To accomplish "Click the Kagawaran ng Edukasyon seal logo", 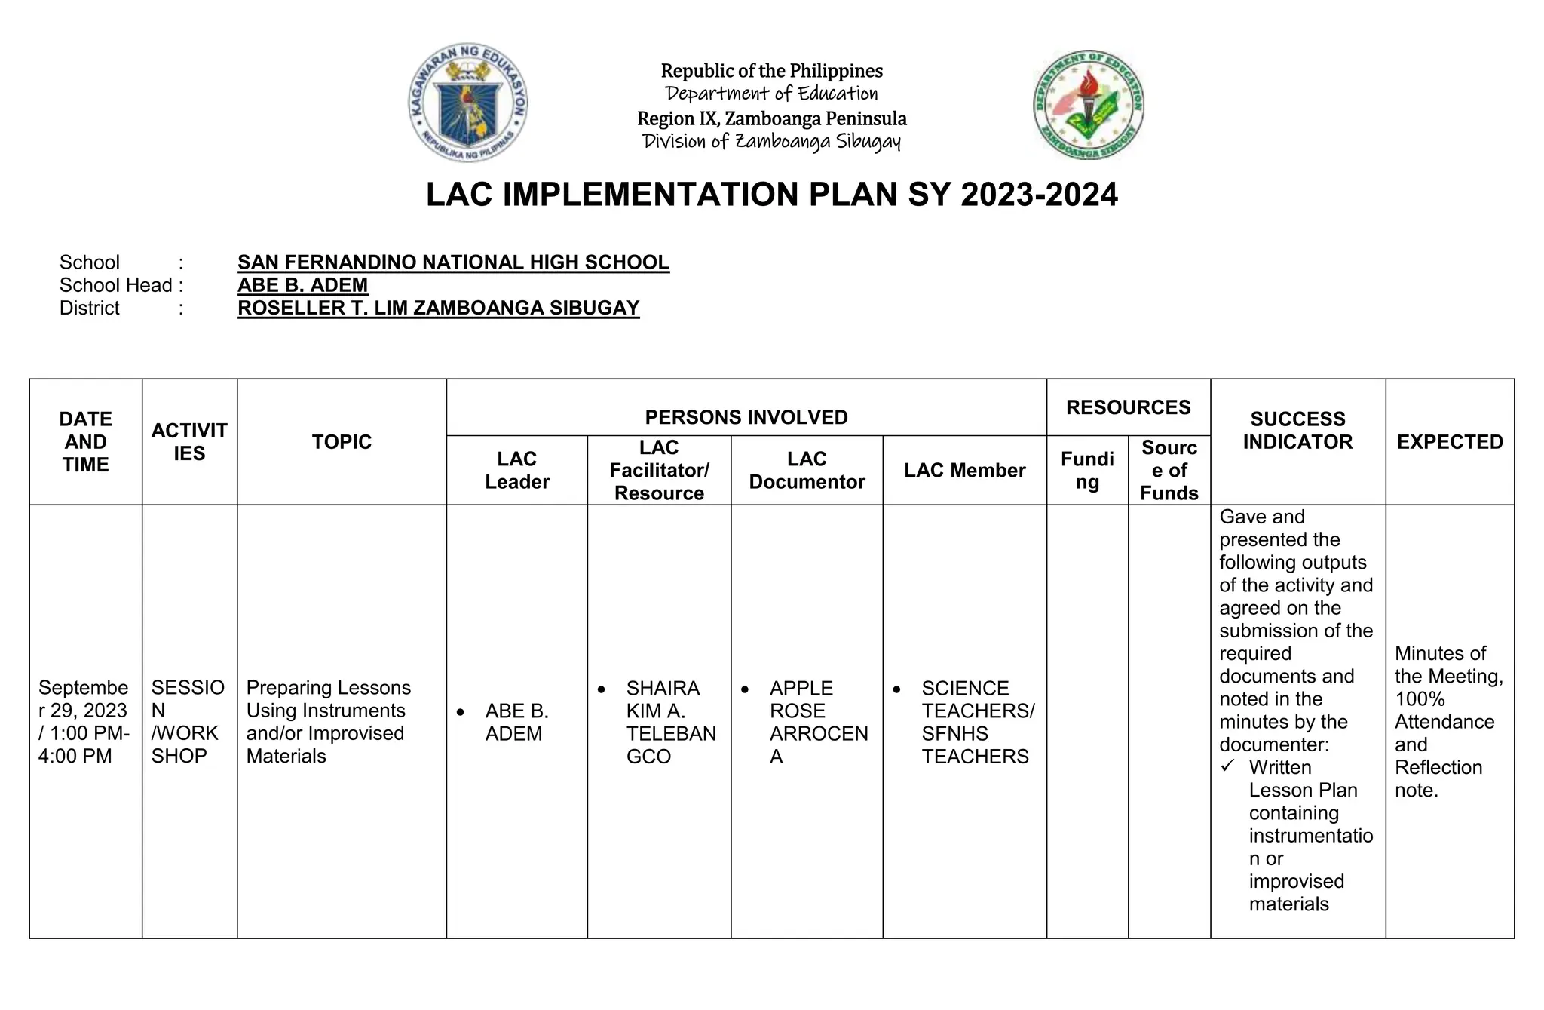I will click(x=467, y=102).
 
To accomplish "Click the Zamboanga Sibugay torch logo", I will click(x=1088, y=104).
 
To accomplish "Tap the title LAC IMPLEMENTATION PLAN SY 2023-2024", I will click(x=771, y=195).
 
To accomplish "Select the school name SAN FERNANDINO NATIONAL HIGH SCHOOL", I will click(x=453, y=262).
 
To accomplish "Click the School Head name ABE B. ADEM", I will click(x=302, y=285).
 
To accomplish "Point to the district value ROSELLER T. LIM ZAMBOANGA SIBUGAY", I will click(x=438, y=308).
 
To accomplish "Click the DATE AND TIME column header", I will click(x=85, y=441).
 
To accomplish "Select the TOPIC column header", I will click(x=342, y=441).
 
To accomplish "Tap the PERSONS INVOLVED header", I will click(x=746, y=416).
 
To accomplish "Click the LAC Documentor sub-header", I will click(x=806, y=470).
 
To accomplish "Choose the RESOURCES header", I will click(x=1128, y=407).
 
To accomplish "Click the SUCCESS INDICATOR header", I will click(x=1297, y=430).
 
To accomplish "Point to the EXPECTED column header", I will click(x=1449, y=441).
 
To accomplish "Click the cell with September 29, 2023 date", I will click(x=84, y=721).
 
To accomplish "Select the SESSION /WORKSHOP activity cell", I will click(x=188, y=721).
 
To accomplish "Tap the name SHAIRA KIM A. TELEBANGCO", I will click(x=669, y=721).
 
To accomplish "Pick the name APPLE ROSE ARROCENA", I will click(x=817, y=721).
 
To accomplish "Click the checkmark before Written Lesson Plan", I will click(x=1228, y=766).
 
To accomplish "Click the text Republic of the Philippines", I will click(x=771, y=71).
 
